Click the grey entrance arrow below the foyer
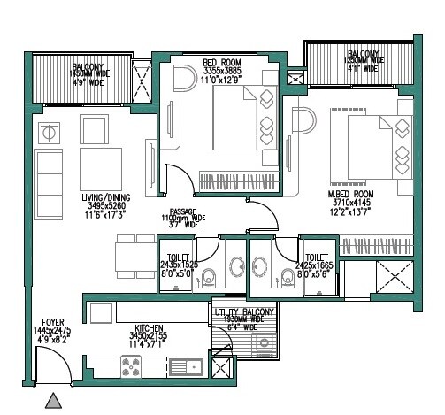55,402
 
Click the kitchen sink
183,364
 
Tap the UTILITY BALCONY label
245,313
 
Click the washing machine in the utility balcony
223,365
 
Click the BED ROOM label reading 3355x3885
221,70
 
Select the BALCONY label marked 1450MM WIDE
90,73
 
